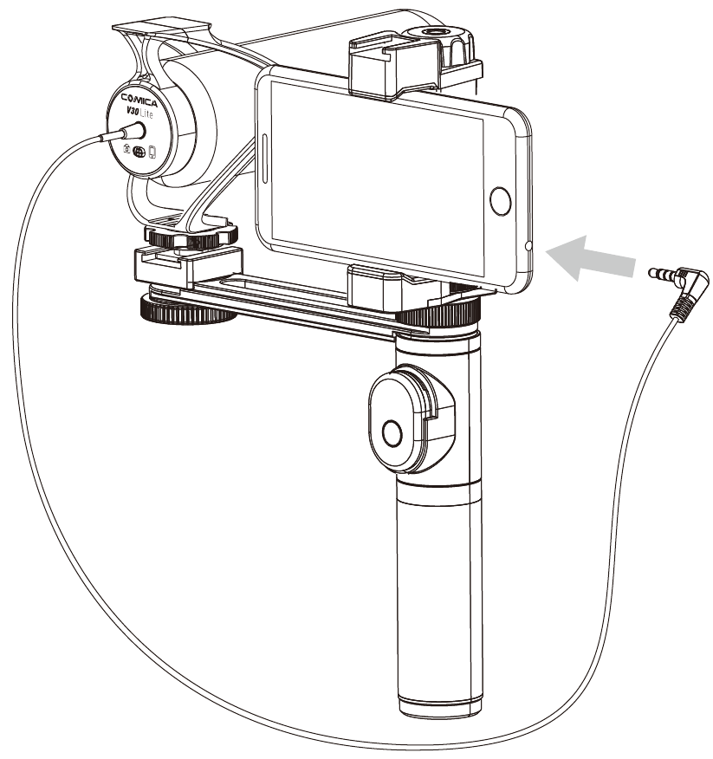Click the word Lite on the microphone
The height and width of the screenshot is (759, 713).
(146, 114)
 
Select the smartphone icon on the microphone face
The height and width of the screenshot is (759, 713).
(152, 152)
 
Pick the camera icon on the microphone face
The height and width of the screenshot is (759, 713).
(126, 149)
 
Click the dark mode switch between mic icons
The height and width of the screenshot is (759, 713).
(139, 151)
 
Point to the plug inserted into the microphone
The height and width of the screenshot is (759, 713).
(122, 133)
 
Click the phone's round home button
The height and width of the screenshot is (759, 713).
(500, 201)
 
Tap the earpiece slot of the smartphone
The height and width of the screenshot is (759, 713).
(265, 159)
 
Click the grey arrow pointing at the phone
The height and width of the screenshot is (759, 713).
(591, 258)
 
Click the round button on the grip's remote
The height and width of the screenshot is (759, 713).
(392, 433)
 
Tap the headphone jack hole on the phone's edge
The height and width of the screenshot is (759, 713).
(528, 246)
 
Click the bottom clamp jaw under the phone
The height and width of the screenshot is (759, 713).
(375, 289)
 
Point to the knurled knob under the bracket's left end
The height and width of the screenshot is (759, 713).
(187, 310)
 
